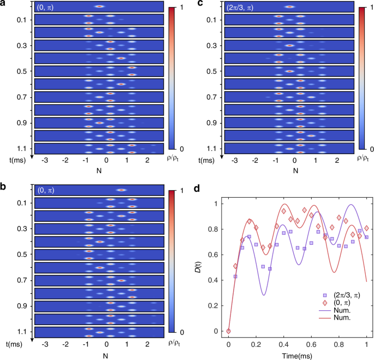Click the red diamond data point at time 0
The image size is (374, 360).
tap(229, 331)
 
